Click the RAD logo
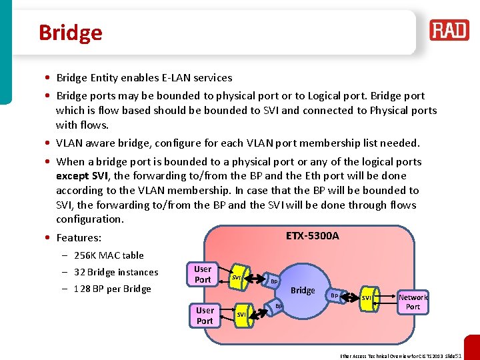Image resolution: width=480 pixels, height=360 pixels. pyautogui.click(x=449, y=30)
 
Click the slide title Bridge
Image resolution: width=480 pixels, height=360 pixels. pyautogui.click(x=70, y=33)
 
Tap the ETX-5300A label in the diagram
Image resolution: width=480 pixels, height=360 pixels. pyautogui.click(x=312, y=236)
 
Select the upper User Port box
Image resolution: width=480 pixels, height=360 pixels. pyautogui.click(x=203, y=275)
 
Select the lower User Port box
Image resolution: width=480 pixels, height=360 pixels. pyautogui.click(x=205, y=315)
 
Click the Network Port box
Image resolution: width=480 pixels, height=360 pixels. pyautogui.click(x=413, y=302)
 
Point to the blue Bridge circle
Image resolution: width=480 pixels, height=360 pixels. pyautogui.click(x=303, y=291)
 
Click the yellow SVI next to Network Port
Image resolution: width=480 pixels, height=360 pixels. pyautogui.click(x=367, y=297)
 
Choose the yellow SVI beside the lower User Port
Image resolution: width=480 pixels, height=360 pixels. pyautogui.click(x=242, y=313)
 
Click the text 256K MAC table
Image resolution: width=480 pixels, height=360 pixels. pyautogui.click(x=109, y=255)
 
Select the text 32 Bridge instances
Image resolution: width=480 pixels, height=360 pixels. pyautogui.click(x=116, y=272)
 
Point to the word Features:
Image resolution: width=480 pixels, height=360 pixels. pyautogui.click(x=79, y=238)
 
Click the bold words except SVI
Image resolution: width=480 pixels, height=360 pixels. pyautogui.click(x=83, y=176)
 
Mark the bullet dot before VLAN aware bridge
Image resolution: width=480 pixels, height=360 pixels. pyautogui.click(x=49, y=143)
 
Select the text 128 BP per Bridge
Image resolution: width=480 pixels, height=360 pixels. pyautogui.click(x=113, y=289)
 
